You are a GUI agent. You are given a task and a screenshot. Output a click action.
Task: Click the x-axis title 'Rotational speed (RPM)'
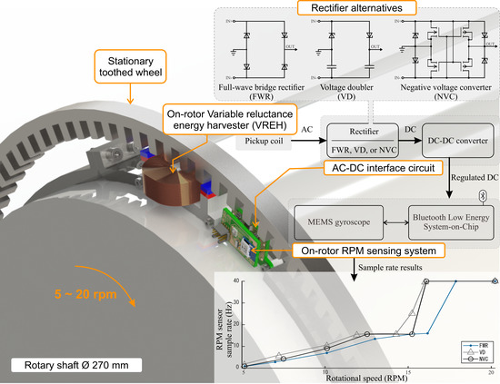click(370, 377)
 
